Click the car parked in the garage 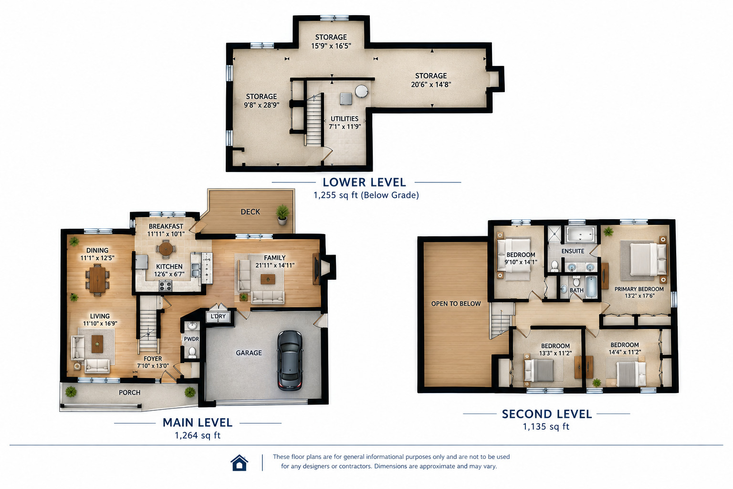point(290,360)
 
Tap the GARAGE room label point(249,353)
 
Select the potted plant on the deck point(282,215)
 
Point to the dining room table point(97,280)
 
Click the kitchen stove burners point(166,286)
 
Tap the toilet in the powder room point(192,352)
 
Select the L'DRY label point(218,316)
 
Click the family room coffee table point(268,279)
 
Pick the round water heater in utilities point(361,91)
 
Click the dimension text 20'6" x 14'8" point(431,85)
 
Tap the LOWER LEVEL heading point(364,182)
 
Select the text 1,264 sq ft point(198,436)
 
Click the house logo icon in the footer point(239,462)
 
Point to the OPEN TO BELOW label point(456,304)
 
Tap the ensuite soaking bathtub point(580,235)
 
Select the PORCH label point(130,393)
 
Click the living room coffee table point(97,344)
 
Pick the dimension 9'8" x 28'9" point(262,105)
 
